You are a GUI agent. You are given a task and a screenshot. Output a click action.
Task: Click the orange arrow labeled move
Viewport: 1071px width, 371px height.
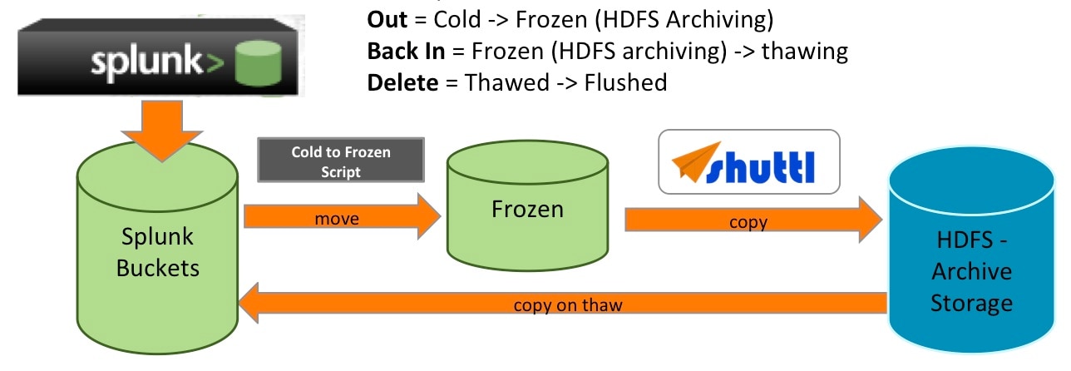coord(341,219)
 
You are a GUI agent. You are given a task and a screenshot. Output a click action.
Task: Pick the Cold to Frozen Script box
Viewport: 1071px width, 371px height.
coord(341,160)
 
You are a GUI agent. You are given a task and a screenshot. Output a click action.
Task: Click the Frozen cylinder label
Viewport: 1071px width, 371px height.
coord(526,208)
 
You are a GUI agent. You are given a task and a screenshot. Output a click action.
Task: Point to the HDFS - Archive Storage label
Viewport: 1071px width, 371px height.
coord(971,271)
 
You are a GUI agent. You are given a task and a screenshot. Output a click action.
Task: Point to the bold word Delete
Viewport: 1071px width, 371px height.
coord(402,82)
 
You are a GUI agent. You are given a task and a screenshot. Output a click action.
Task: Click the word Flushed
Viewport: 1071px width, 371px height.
coord(626,82)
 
